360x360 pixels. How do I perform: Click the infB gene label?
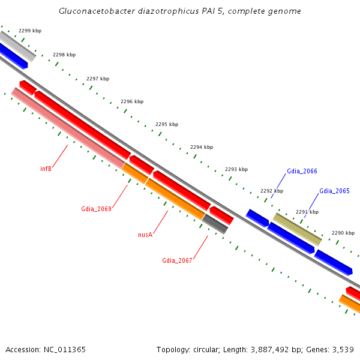point(46,169)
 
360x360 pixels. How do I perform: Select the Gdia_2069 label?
point(96,209)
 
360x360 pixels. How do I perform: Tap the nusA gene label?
point(145,235)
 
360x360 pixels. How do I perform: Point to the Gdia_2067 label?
point(177,260)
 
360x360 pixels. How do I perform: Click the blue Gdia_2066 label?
point(302,172)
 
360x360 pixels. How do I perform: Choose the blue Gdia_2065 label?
point(334,191)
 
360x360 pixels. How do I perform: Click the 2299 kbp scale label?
point(30,30)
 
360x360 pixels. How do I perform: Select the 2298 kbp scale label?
point(64,55)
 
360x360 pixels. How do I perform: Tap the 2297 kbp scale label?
point(98,79)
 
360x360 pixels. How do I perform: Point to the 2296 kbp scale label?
point(132,102)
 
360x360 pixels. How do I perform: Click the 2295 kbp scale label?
point(167,124)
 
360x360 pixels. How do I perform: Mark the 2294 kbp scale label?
point(202,147)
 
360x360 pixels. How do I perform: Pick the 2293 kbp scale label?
point(236,169)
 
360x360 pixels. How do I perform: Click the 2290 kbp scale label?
point(343,233)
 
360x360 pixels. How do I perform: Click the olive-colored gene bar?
point(298,229)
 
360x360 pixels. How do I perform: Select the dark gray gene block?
point(215,223)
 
